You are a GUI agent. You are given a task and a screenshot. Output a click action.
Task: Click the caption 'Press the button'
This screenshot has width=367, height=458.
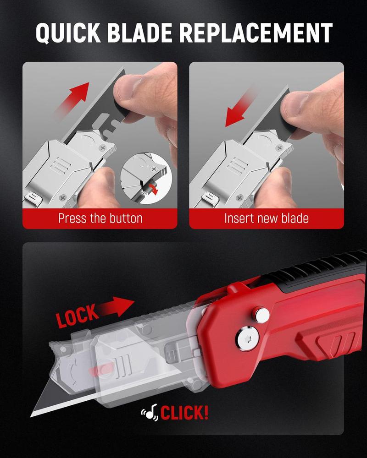tap(100, 218)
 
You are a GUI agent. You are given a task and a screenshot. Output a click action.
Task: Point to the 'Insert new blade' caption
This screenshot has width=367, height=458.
tap(266, 218)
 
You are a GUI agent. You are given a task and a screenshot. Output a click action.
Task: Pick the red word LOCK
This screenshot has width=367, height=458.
tap(77, 315)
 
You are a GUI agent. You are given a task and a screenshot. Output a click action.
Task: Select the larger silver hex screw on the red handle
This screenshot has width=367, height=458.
tap(247, 338)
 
